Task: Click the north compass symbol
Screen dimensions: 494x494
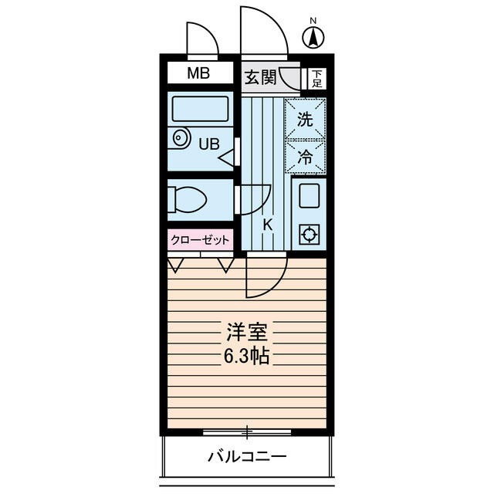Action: click(x=313, y=36)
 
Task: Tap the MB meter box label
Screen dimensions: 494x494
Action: click(x=200, y=74)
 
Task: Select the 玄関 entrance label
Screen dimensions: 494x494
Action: click(x=260, y=77)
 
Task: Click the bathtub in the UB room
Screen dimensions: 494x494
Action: click(x=200, y=108)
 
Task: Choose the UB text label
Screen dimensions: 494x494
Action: click(x=210, y=144)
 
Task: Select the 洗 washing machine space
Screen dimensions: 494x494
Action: click(x=305, y=120)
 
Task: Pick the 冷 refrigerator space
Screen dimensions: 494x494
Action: click(x=305, y=157)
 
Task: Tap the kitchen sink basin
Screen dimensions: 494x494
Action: click(x=309, y=195)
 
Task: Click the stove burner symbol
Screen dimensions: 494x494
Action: click(x=309, y=233)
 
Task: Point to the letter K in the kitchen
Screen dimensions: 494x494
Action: click(x=269, y=225)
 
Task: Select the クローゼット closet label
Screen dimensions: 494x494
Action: click(x=200, y=240)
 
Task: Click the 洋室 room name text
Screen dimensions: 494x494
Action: click(x=246, y=334)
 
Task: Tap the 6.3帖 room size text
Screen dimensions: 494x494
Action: click(x=246, y=357)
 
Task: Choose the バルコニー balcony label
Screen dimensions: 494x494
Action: click(x=247, y=456)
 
